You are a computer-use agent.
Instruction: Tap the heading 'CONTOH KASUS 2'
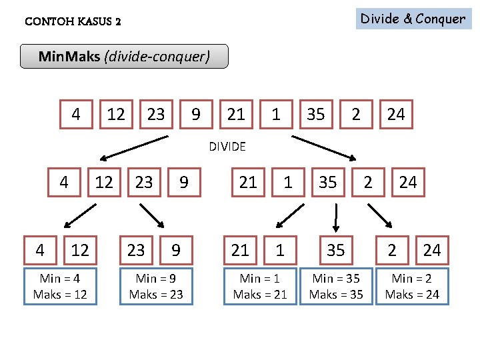(73, 21)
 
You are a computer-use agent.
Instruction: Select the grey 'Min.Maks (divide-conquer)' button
(124, 57)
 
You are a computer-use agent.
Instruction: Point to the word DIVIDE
(227, 147)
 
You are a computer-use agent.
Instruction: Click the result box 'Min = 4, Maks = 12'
(60, 286)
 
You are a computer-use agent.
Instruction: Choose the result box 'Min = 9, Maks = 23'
(156, 286)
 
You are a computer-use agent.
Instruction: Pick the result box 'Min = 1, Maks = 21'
(260, 286)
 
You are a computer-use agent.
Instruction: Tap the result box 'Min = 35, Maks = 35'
(336, 286)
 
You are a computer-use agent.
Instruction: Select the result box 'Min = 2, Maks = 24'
(412, 286)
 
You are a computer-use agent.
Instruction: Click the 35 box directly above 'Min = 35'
(336, 250)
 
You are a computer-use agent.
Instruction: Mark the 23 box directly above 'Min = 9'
(136, 250)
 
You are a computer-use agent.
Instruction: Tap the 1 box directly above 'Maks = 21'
(280, 250)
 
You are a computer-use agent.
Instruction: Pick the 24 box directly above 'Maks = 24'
(432, 250)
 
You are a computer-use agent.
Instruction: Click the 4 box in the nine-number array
(76, 114)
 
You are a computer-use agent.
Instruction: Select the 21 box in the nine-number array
(236, 114)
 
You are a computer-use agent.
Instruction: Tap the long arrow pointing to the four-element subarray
(133, 148)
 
